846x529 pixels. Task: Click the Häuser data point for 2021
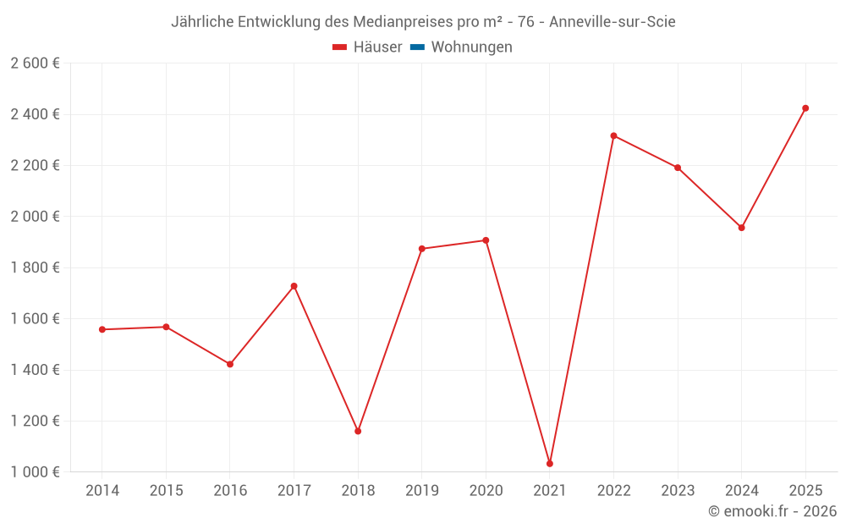[550, 464]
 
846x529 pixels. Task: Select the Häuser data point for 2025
[805, 108]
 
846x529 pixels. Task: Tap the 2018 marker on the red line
[358, 432]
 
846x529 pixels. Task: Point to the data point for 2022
[613, 135]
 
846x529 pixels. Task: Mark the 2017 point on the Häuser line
[294, 286]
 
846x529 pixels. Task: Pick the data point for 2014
[102, 329]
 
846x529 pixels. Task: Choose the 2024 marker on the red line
[741, 228]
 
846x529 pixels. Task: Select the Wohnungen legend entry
[471, 47]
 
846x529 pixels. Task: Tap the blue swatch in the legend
[417, 47]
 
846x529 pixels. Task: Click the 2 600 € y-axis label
[36, 63]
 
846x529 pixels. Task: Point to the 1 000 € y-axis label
[36, 472]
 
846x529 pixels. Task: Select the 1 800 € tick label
[36, 267]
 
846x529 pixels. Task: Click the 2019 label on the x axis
[422, 491]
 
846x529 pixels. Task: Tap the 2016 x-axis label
[230, 491]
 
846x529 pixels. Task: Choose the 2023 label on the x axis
[678, 491]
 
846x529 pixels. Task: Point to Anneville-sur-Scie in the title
[612, 22]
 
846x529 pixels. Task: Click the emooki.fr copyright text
[772, 511]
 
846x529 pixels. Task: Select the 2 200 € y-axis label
[36, 166]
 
